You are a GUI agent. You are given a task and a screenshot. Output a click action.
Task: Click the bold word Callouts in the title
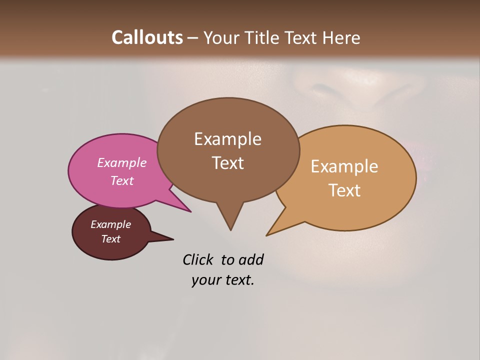[x=147, y=37]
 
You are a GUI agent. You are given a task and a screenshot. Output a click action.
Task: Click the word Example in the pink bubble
[x=122, y=162]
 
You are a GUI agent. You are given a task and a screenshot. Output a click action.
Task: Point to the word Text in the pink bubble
[x=122, y=180]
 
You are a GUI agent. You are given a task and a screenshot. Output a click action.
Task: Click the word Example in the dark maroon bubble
[x=110, y=224]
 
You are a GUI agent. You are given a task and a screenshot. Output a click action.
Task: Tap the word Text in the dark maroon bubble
[x=110, y=239]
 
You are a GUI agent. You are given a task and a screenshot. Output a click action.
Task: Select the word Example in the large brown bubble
[x=227, y=139]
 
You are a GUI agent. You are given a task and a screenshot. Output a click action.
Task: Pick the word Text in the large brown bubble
[x=227, y=163]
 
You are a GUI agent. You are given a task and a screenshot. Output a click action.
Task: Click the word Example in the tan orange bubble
[x=344, y=166]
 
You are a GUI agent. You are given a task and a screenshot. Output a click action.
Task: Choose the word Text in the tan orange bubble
[x=344, y=190]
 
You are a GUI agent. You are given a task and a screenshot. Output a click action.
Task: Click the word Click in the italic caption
[x=198, y=259]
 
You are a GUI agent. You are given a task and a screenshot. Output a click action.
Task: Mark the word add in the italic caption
[x=251, y=259]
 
